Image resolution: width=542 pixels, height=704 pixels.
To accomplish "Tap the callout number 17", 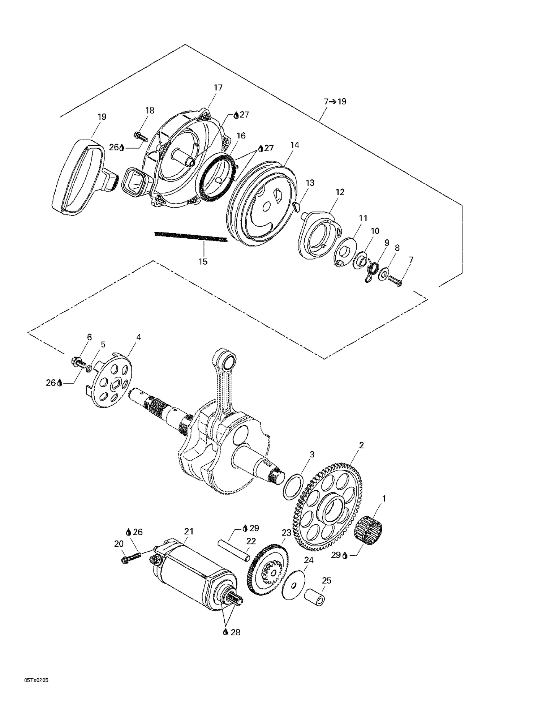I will pyautogui.click(x=218, y=88).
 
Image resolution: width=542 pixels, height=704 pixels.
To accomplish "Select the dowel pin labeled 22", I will pyautogui.click(x=234, y=550).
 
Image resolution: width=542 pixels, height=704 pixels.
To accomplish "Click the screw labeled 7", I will pyautogui.click(x=395, y=281).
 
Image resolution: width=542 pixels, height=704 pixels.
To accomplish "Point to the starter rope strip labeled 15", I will pyautogui.click(x=190, y=237).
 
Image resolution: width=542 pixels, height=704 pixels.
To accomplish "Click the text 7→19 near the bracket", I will pyautogui.click(x=335, y=102).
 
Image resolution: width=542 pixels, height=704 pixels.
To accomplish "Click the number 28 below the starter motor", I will pyautogui.click(x=235, y=643).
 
